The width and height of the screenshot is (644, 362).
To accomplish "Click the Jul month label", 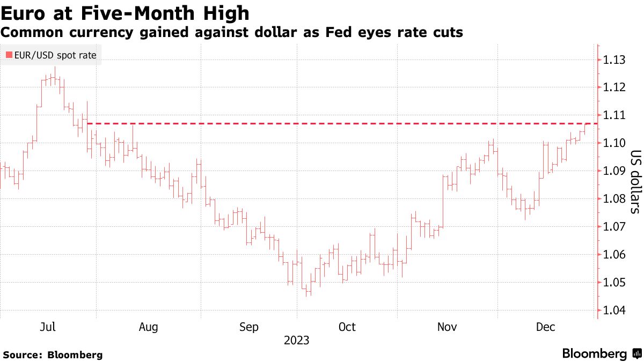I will [x=48, y=327].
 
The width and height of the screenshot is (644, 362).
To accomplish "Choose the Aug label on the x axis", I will [x=148, y=327].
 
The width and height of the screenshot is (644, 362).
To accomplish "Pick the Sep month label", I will [x=248, y=327].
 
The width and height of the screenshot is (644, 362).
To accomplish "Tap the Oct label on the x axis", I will [x=347, y=327].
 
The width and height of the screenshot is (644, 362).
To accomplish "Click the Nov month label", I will [x=447, y=327].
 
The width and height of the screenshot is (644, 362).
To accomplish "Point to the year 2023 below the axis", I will [x=297, y=341].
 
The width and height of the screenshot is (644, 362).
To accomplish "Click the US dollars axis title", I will [x=634, y=181].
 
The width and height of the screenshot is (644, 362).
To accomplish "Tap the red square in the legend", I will [x=9, y=55].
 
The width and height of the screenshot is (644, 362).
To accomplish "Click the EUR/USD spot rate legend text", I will [x=55, y=55].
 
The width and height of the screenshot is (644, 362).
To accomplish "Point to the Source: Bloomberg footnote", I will [x=53, y=354].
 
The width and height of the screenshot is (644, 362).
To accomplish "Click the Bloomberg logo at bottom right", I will [x=601, y=353].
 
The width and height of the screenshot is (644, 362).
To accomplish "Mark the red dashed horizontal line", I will [x=322, y=123].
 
